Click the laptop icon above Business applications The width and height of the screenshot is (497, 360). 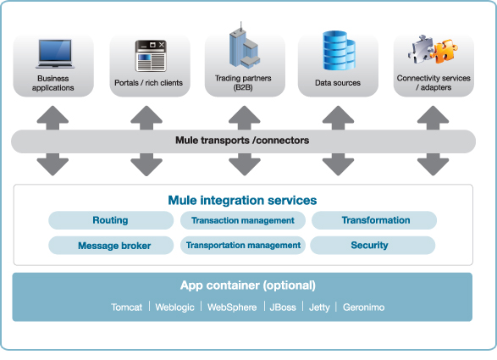click(55, 53)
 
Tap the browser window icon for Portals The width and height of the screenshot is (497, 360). click(151, 56)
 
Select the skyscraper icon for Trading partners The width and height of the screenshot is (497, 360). click(244, 45)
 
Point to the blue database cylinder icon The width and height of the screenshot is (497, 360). click(339, 50)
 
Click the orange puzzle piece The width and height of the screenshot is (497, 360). click(445, 51)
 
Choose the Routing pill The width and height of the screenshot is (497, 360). click(111, 220)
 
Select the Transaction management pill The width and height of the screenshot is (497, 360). click(243, 220)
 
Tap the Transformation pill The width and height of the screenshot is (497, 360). click(374, 220)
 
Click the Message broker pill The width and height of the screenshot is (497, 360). click(111, 245)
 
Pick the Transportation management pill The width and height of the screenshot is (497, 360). click(243, 245)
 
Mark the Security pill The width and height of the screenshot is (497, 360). click(373, 245)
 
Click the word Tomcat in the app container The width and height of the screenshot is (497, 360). click(126, 307)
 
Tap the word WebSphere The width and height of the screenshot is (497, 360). click(232, 307)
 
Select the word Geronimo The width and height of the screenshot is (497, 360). click(363, 307)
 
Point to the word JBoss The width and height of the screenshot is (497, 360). click(283, 307)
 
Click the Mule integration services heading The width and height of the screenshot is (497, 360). click(242, 200)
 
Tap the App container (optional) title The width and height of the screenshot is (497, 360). click(248, 285)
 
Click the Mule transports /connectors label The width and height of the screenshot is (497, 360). click(242, 141)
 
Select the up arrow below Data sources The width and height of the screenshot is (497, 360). click(338, 118)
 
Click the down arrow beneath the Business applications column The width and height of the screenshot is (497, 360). click(52, 164)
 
